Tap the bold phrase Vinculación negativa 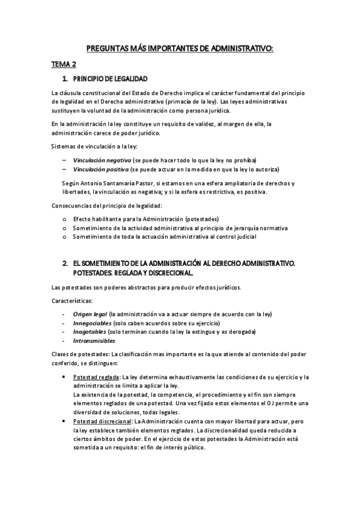[102, 160]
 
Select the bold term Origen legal [90, 314]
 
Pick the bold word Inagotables [90, 332]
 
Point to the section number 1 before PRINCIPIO [64, 79]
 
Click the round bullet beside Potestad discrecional [64, 422]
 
